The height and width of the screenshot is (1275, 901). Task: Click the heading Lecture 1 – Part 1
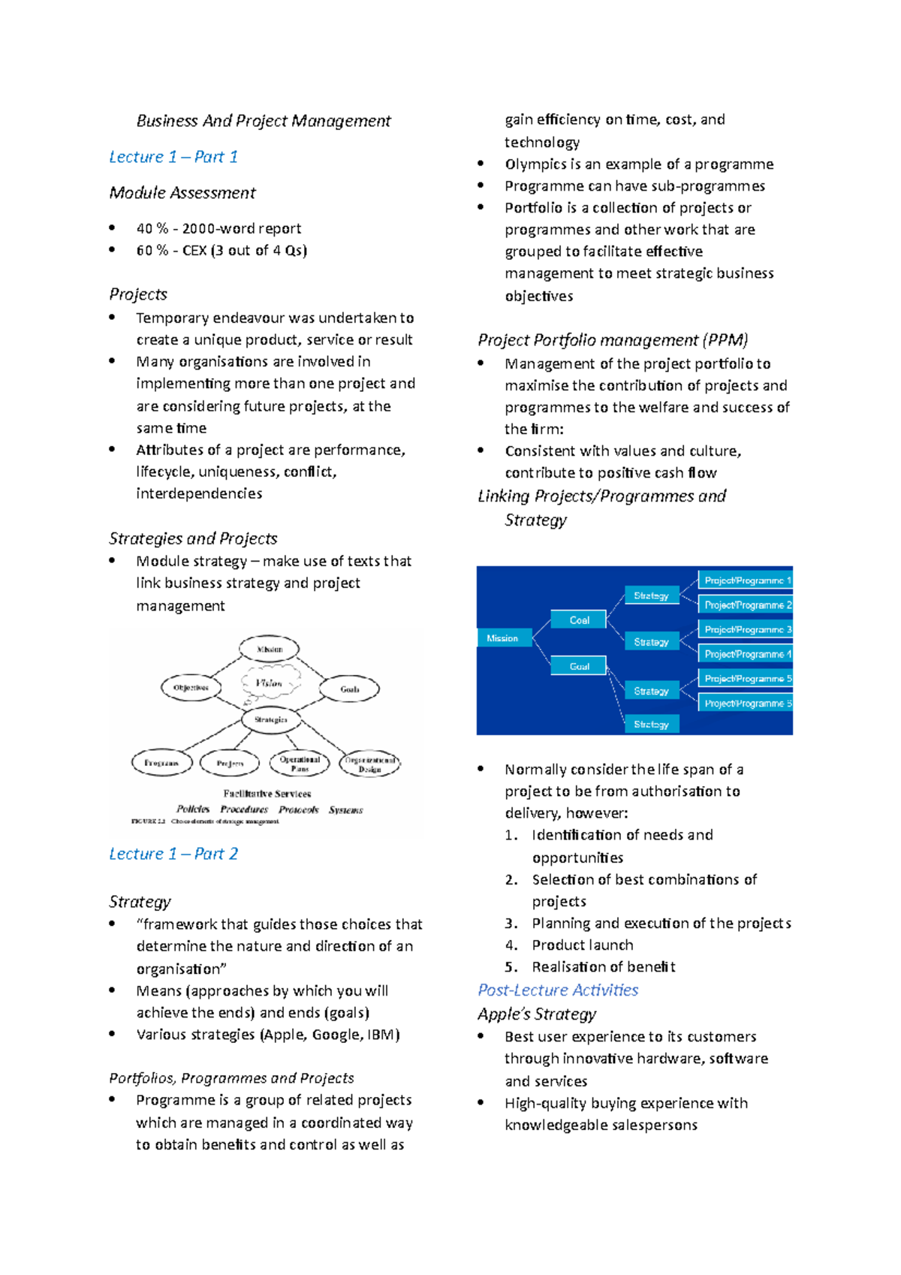click(173, 157)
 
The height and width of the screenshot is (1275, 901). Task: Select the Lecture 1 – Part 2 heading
click(173, 854)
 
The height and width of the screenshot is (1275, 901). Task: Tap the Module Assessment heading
click(182, 193)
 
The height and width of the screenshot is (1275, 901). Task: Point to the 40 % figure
click(152, 228)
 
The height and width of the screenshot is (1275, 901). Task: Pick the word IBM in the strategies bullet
click(382, 1035)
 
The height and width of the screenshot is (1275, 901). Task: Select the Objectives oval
click(191, 688)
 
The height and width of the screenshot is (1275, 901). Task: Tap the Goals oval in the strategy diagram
click(350, 689)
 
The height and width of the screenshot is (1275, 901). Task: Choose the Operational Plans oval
click(300, 764)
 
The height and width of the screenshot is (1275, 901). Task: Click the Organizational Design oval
click(369, 764)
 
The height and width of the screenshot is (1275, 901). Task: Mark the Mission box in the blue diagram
click(502, 638)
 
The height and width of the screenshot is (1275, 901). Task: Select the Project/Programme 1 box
click(746, 580)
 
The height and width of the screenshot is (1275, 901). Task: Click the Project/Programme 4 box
click(746, 654)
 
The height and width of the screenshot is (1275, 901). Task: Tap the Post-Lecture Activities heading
click(558, 990)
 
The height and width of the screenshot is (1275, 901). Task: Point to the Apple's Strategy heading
click(537, 1014)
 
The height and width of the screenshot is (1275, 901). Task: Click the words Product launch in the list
click(583, 945)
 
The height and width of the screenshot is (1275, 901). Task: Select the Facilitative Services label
click(267, 794)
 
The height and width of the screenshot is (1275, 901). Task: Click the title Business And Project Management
click(264, 121)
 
